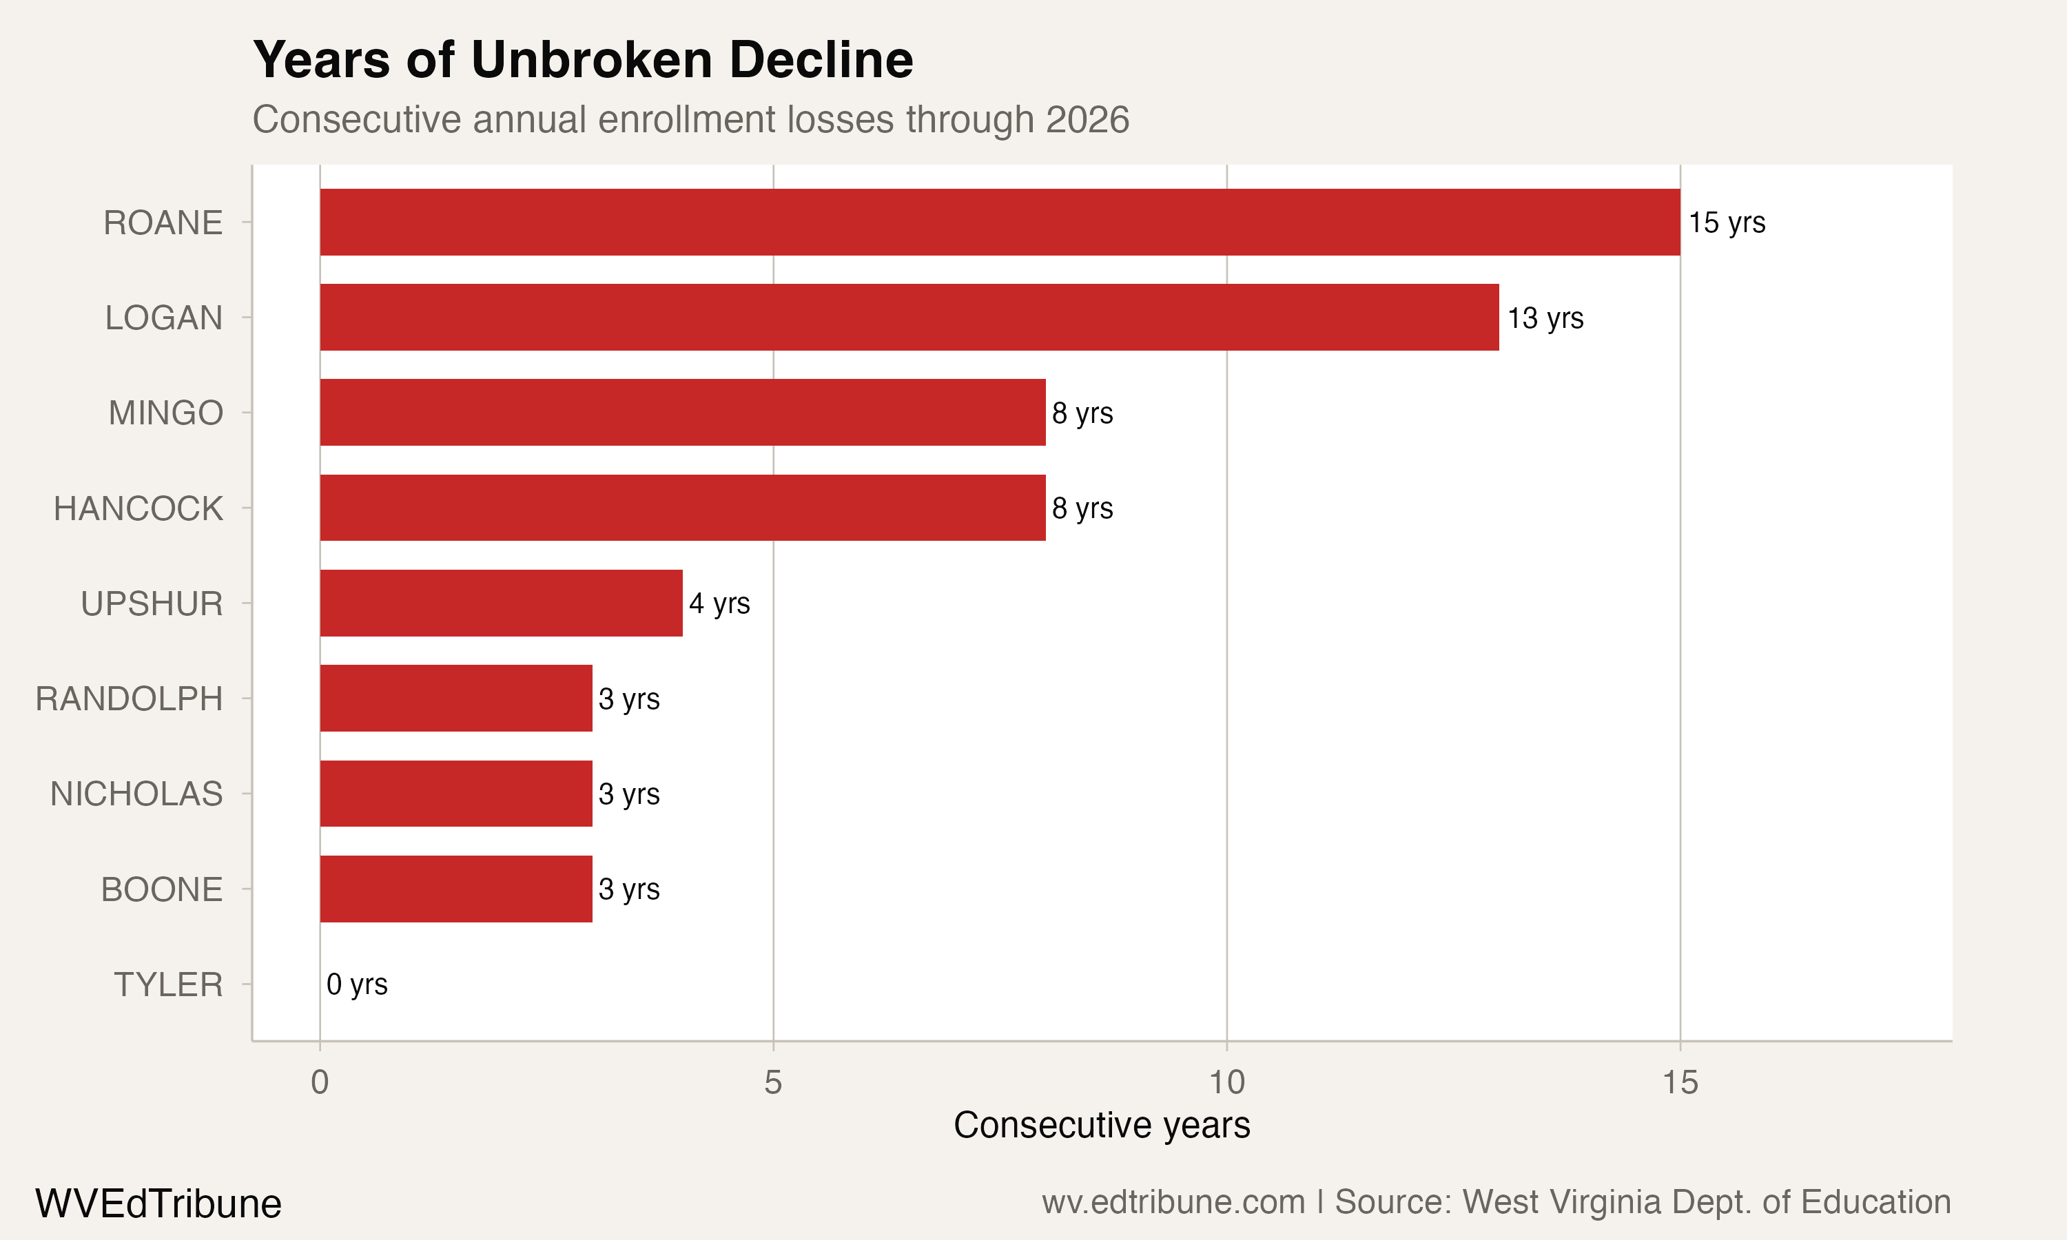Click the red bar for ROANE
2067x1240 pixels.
999,223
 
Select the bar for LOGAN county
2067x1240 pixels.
909,318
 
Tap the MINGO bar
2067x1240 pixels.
683,413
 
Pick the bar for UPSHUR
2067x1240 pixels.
502,603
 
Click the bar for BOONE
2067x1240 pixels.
456,889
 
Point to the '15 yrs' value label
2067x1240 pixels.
1726,223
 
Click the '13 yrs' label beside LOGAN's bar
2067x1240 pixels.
1545,318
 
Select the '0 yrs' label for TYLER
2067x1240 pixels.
357,984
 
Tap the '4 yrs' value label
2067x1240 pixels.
719,603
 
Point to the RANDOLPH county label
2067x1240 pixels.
130,699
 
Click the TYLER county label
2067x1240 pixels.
169,985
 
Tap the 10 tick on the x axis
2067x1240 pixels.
1226,1083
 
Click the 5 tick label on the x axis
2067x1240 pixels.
773,1083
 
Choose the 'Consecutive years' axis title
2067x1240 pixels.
1101,1126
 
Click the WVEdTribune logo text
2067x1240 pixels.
158,1204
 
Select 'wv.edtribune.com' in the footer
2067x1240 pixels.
1173,1202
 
